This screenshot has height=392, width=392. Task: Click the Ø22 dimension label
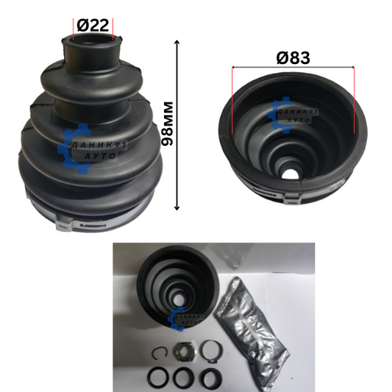(93, 25)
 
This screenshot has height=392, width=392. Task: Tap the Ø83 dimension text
(293, 58)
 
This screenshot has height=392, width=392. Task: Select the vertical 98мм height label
(167, 124)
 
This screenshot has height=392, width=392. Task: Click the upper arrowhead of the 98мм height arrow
(177, 42)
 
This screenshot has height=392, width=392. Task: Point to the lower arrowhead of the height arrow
(177, 207)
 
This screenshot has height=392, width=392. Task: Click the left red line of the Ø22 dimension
(74, 29)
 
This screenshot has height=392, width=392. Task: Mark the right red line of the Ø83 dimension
(354, 100)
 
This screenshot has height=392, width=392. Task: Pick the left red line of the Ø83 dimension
(232, 100)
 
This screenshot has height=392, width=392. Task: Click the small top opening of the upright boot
(93, 40)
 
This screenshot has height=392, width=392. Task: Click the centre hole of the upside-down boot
(291, 174)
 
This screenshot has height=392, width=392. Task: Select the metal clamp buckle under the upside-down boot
(292, 199)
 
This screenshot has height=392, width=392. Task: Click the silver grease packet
(252, 334)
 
